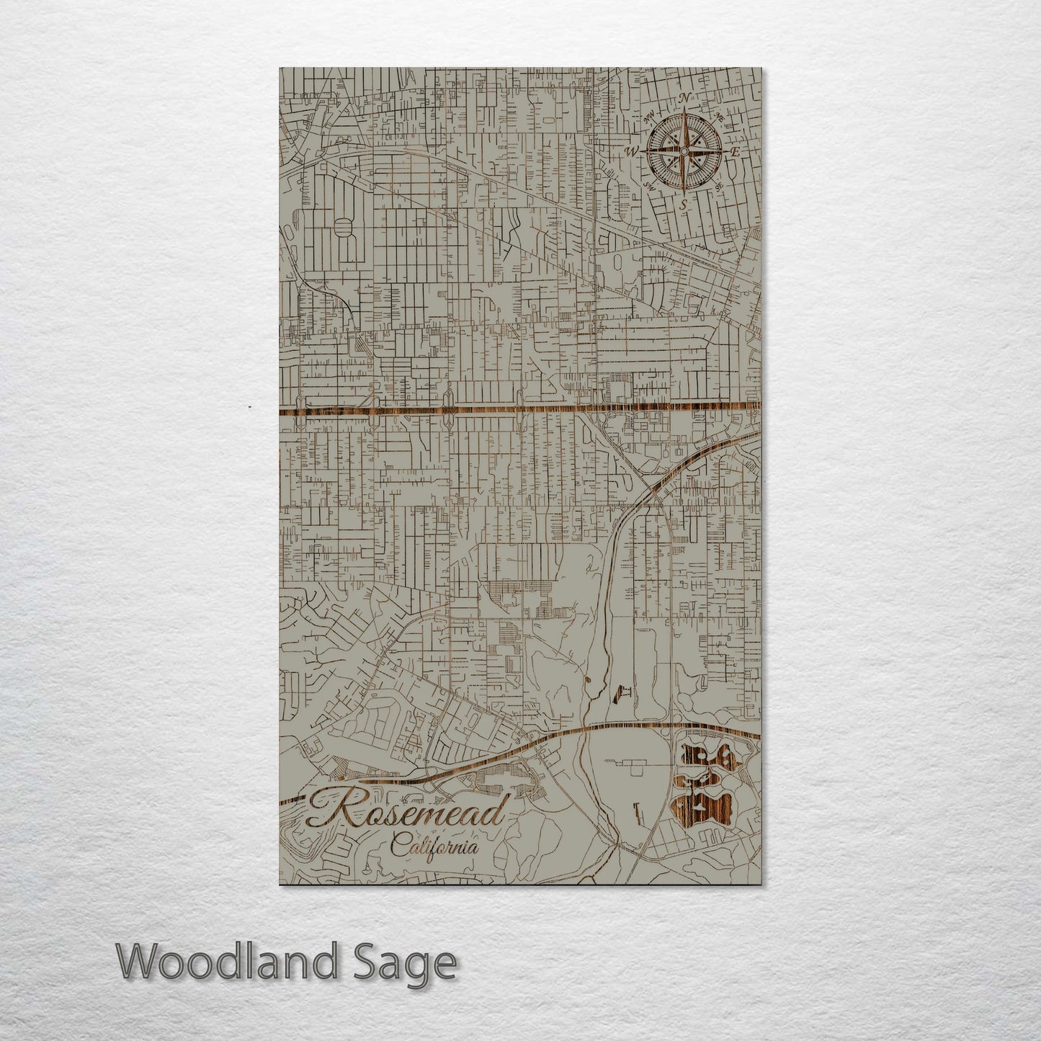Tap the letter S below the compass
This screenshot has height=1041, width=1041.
click(683, 205)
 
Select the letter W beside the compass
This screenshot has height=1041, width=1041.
click(632, 151)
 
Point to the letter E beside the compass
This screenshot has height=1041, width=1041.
click(736, 152)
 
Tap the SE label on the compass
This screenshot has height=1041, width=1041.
click(718, 186)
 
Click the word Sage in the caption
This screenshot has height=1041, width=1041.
click(413, 963)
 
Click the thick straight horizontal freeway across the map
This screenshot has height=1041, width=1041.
click(504, 411)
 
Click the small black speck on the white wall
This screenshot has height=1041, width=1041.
click(249, 408)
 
